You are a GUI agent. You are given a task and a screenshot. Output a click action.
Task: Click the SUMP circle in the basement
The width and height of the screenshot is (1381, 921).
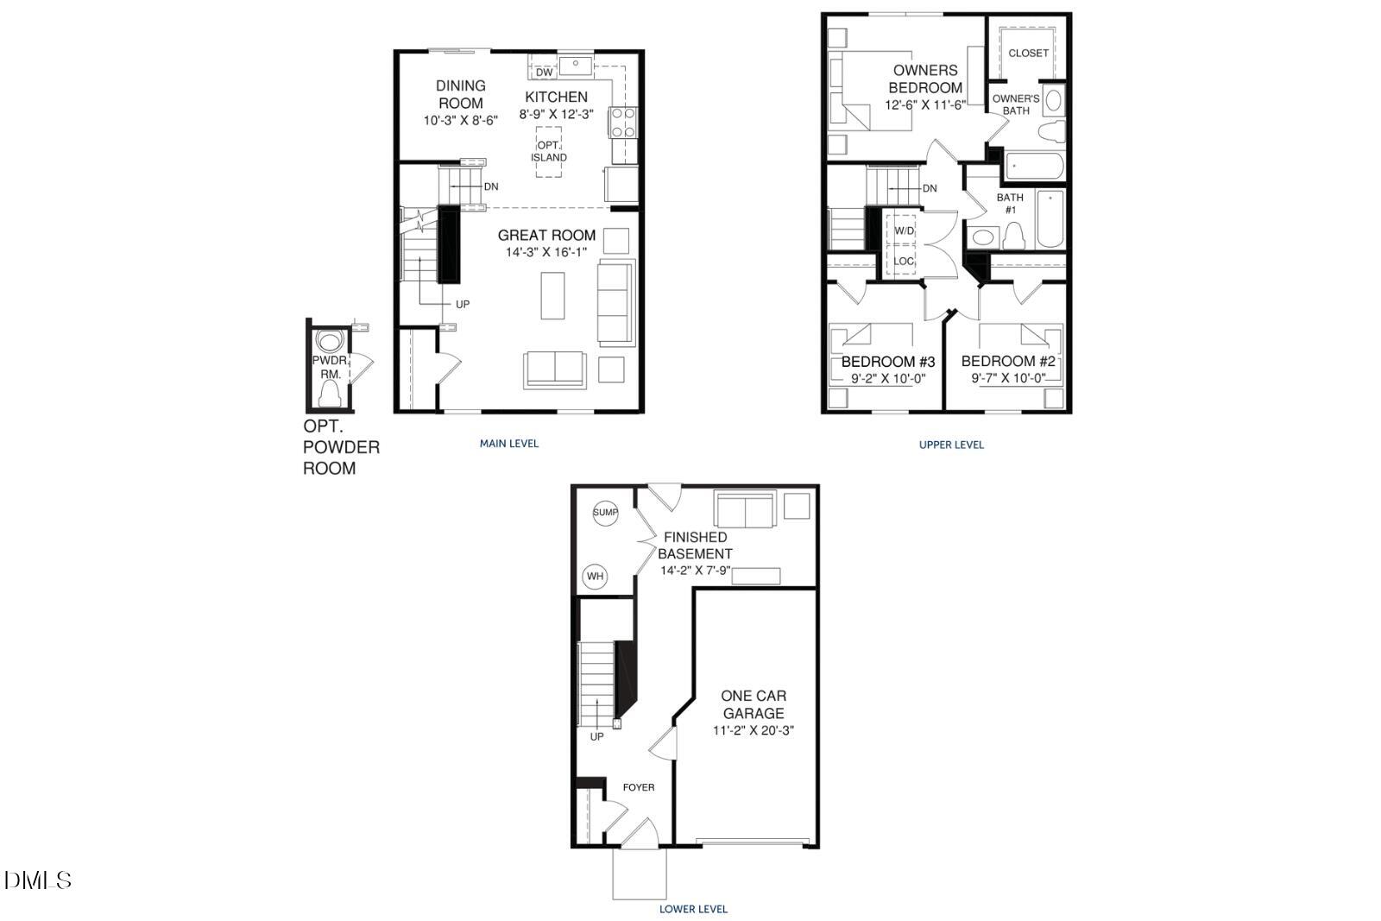(605, 513)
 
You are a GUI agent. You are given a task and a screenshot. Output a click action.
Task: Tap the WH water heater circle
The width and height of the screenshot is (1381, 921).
(596, 576)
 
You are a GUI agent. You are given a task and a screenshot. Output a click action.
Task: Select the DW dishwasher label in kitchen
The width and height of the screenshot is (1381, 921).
(544, 72)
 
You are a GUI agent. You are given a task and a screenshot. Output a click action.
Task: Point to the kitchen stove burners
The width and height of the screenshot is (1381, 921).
(622, 122)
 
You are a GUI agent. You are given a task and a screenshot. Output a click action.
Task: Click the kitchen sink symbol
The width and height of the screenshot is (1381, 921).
(574, 65)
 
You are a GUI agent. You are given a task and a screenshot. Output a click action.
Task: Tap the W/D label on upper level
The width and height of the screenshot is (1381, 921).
(904, 230)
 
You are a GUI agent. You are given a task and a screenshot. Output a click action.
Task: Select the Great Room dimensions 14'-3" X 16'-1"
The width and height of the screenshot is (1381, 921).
(546, 252)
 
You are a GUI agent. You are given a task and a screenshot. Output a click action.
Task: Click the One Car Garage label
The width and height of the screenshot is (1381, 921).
(754, 704)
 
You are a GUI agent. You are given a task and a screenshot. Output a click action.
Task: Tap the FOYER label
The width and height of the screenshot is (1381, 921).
(639, 787)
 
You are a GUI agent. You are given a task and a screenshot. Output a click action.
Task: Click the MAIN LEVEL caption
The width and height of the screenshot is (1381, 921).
(509, 444)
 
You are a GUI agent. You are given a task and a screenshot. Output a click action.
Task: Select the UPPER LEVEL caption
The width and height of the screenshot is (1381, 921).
(951, 445)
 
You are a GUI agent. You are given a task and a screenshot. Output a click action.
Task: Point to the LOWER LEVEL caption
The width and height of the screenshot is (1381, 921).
(693, 909)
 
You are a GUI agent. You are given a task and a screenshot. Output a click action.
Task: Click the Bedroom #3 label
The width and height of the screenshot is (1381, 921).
(888, 362)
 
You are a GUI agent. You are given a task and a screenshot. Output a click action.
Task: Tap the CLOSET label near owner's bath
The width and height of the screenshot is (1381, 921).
(1028, 53)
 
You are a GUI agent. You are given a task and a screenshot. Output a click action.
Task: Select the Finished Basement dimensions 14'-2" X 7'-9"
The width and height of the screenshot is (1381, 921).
(695, 571)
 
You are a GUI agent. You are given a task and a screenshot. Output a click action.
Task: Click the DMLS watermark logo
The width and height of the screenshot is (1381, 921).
(38, 880)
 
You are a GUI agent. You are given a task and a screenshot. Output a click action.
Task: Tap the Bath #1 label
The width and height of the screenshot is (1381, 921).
(1010, 203)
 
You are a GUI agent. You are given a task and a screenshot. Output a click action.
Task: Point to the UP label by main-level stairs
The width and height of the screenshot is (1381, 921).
(463, 304)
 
